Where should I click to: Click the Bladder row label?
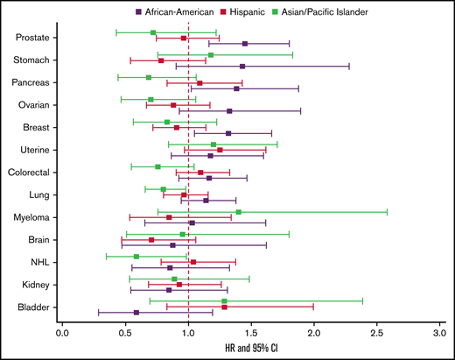pos(34,306)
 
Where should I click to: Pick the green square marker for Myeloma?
pos(238,211)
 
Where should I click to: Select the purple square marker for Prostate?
pos(245,43)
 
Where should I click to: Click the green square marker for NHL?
pos(136,257)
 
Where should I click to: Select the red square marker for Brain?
pos(151,239)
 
